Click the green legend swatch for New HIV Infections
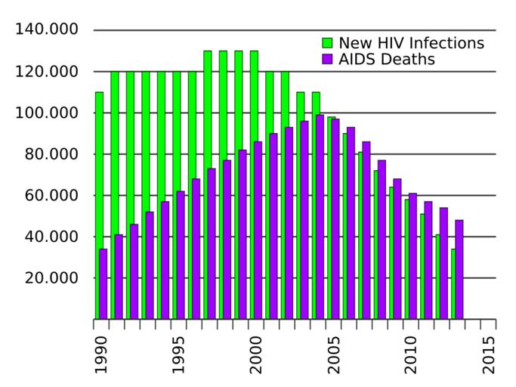(x=327, y=43)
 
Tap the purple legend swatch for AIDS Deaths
(x=327, y=59)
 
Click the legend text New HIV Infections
(x=411, y=42)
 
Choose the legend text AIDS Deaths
(x=387, y=59)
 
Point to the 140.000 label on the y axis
(x=46, y=30)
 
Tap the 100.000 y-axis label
(x=46, y=113)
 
